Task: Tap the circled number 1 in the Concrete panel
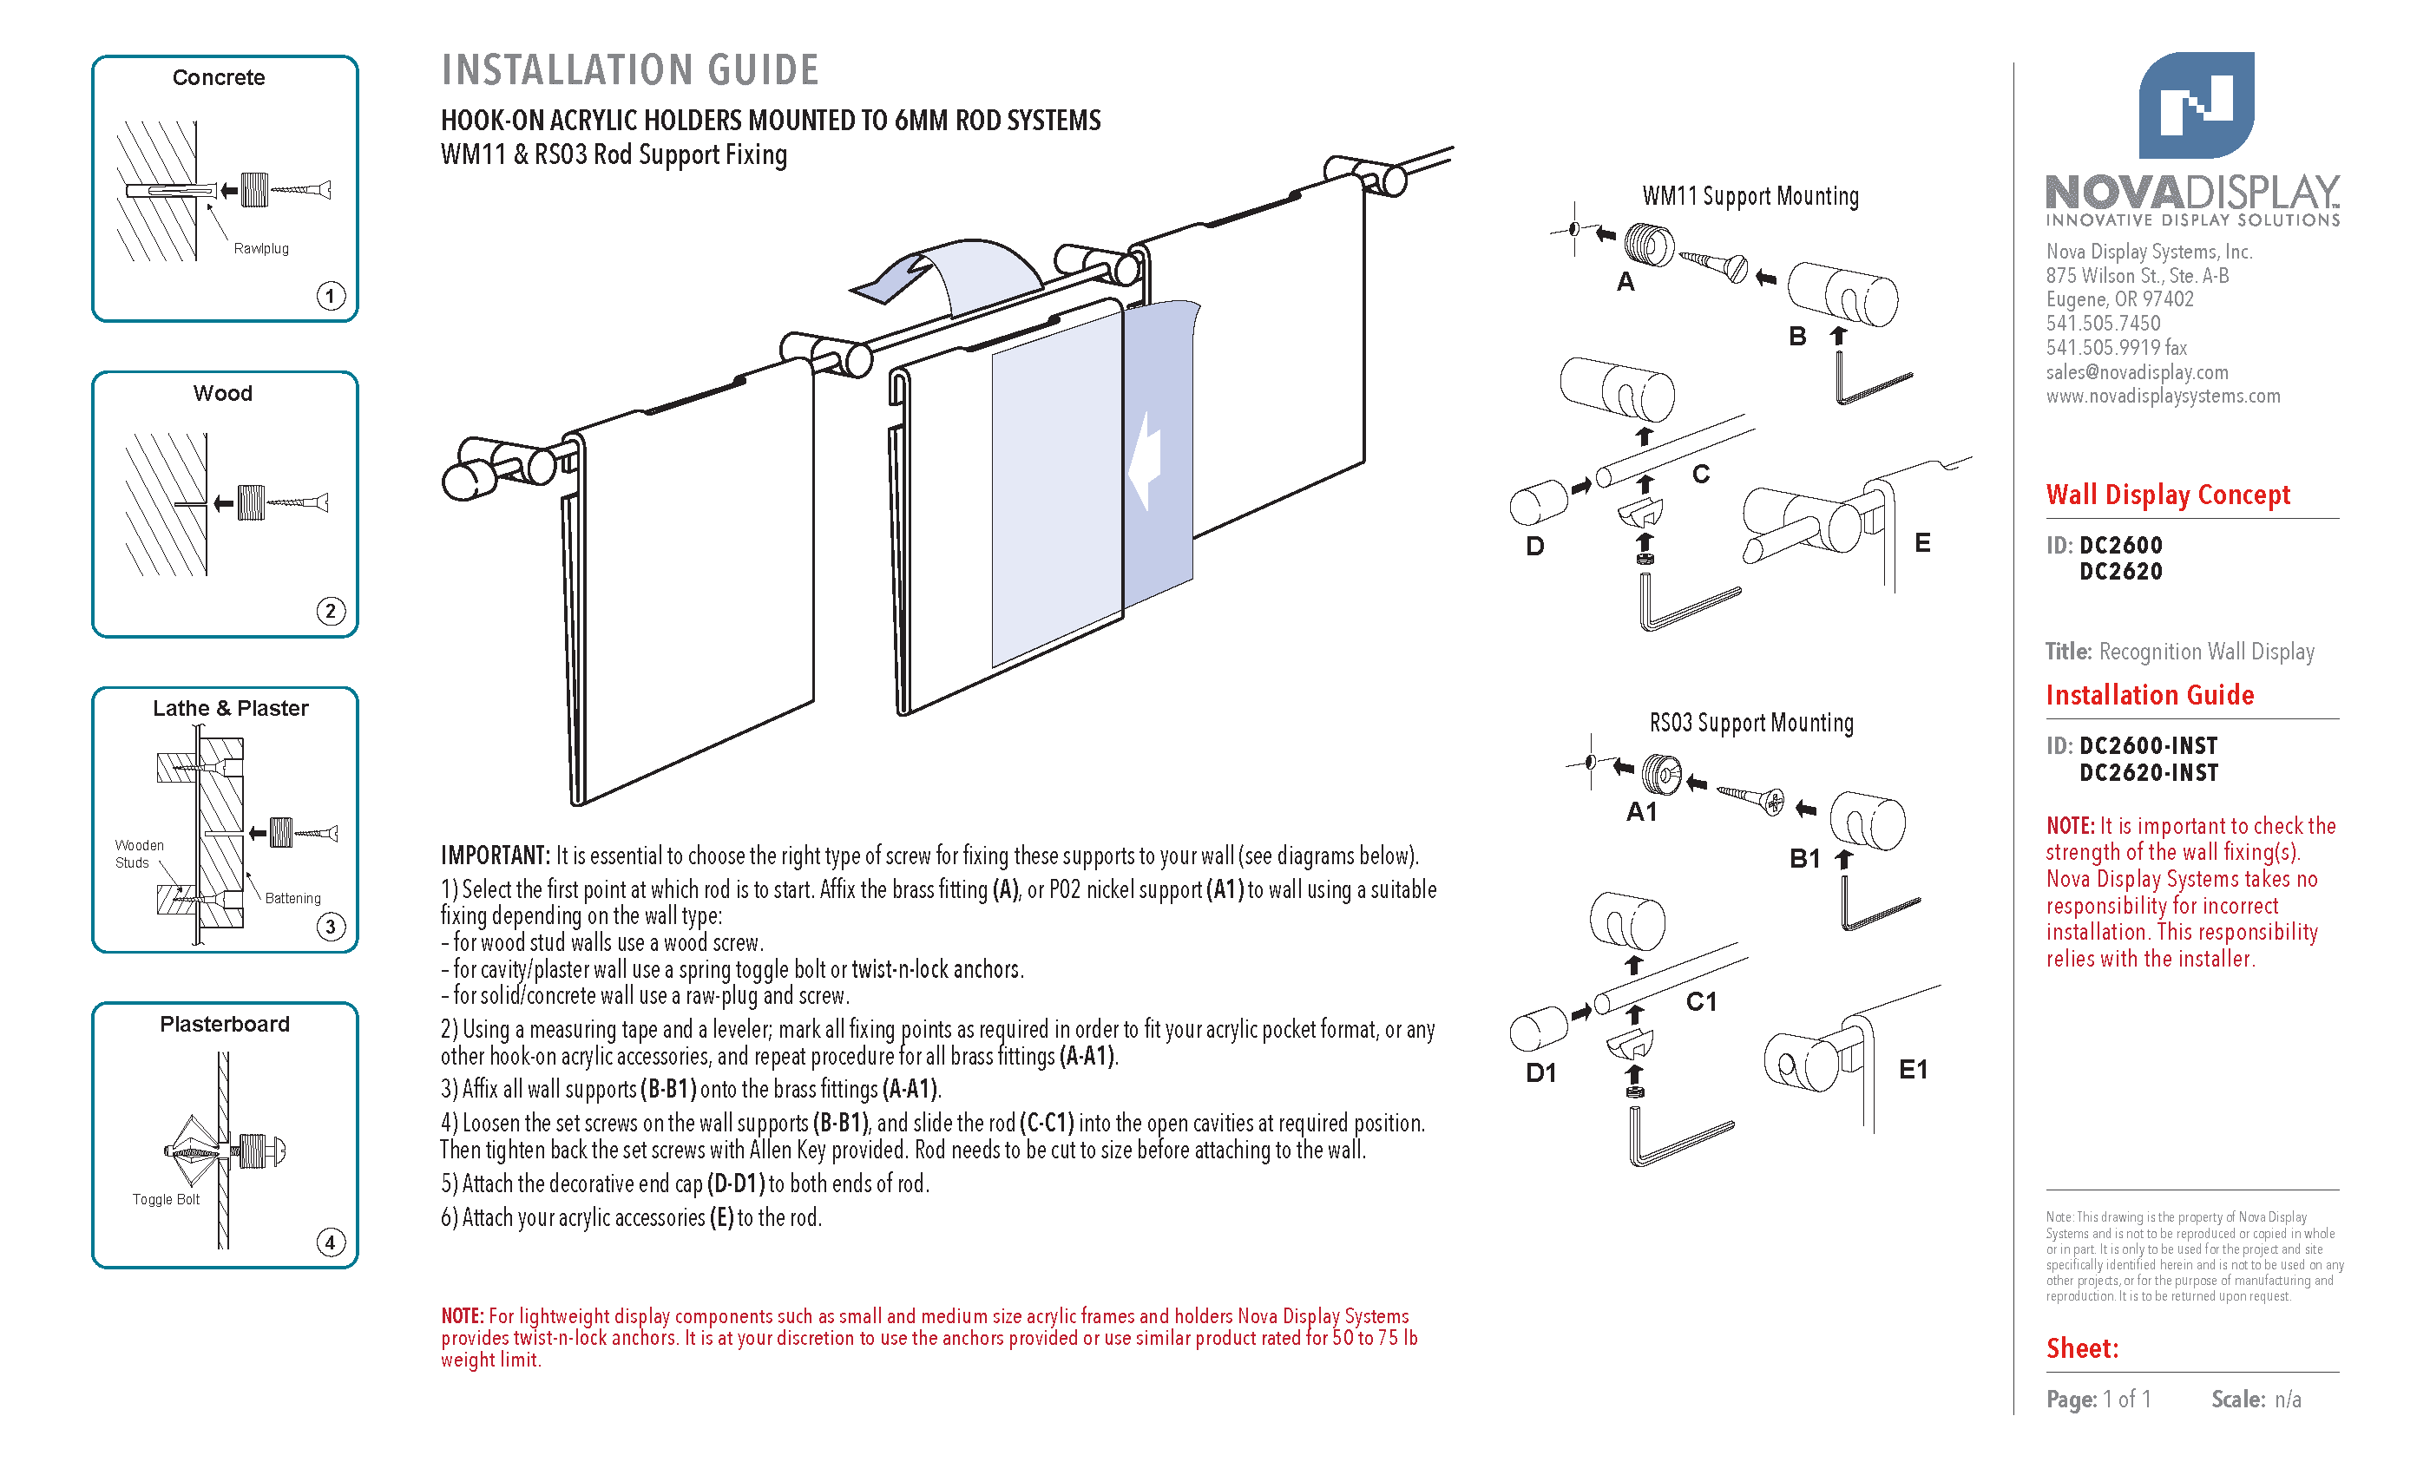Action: (331, 296)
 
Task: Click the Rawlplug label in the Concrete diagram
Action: (261, 248)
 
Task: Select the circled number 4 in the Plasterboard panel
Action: (331, 1242)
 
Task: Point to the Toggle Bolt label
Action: (166, 1200)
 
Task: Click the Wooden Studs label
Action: (138, 854)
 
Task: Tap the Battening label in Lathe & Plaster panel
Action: (293, 898)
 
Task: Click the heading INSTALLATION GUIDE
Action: (629, 70)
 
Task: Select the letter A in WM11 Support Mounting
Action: (1625, 282)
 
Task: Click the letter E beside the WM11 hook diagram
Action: (1922, 542)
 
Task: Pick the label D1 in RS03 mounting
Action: (1540, 1072)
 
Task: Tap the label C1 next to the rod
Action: (1701, 1002)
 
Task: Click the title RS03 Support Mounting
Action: (1751, 723)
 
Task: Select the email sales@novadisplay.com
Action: (2136, 371)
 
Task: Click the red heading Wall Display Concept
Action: (2168, 494)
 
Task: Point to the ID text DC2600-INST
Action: (2148, 745)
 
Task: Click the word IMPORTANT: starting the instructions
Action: (494, 855)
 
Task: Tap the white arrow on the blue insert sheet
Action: (1145, 461)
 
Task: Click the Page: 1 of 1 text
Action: (2098, 1399)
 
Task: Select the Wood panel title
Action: (223, 393)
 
